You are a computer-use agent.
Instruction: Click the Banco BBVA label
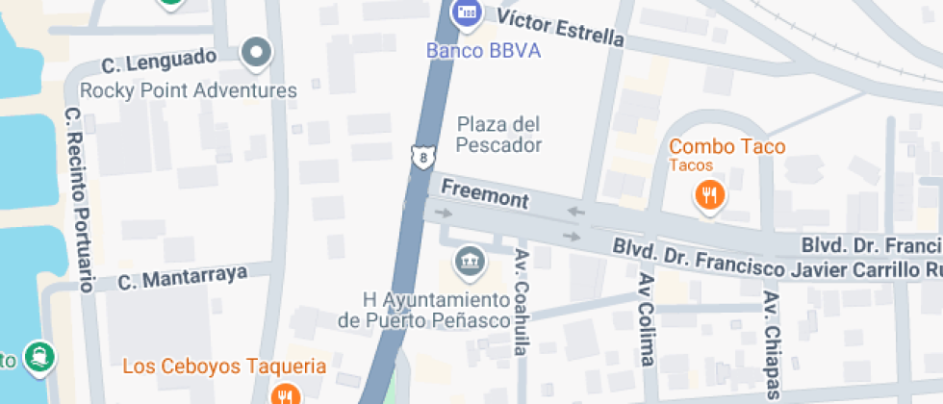click(x=484, y=50)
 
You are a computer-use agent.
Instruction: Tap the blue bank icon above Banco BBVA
click(x=467, y=13)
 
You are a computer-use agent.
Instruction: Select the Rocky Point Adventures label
click(x=188, y=90)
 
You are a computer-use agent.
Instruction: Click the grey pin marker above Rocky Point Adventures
click(x=256, y=54)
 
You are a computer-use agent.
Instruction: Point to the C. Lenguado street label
click(x=160, y=62)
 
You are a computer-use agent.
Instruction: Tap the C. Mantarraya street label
click(x=183, y=278)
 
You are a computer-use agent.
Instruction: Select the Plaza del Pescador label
click(x=498, y=135)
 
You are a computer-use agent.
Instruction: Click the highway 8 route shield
click(x=421, y=156)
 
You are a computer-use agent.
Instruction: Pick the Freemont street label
click(x=485, y=193)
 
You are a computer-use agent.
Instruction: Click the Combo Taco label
click(x=727, y=147)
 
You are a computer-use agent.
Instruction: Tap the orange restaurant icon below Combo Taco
click(x=709, y=196)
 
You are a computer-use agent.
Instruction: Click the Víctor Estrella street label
click(x=554, y=27)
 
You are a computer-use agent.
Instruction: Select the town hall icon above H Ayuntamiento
click(x=470, y=261)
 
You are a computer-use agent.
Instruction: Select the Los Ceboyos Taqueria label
click(x=224, y=366)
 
